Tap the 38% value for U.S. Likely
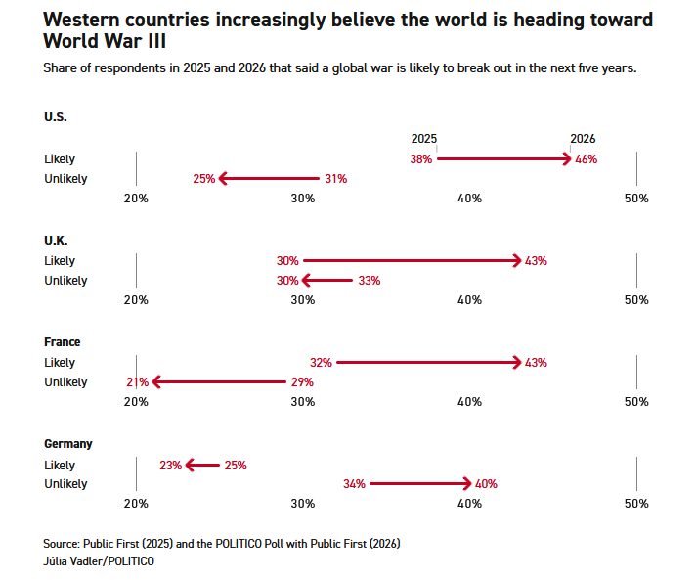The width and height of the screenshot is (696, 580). pyautogui.click(x=421, y=159)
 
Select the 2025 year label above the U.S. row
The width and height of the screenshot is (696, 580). pyautogui.click(x=424, y=139)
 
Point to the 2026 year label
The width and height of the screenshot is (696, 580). pyautogui.click(x=583, y=139)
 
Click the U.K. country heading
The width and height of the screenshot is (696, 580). pyautogui.click(x=56, y=241)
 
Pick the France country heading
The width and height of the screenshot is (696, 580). pyautogui.click(x=62, y=342)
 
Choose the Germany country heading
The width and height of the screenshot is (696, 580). pyautogui.click(x=68, y=444)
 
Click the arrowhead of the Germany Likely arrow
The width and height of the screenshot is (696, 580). pyautogui.click(x=190, y=466)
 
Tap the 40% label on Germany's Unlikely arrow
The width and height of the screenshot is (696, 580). pyautogui.click(x=486, y=484)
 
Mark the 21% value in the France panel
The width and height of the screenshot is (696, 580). pyautogui.click(x=137, y=382)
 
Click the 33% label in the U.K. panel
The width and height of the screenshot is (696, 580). pyautogui.click(x=369, y=281)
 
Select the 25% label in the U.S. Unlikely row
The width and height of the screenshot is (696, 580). pyautogui.click(x=203, y=179)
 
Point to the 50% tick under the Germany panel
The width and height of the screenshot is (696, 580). pyautogui.click(x=636, y=504)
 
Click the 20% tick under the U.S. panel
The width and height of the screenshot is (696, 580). pyautogui.click(x=136, y=199)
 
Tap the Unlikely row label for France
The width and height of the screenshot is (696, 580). pyautogui.click(x=65, y=382)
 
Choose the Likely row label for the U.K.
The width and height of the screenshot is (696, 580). pyautogui.click(x=60, y=261)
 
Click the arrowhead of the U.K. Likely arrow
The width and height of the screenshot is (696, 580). pyautogui.click(x=517, y=261)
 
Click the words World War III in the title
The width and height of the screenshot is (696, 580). pyautogui.click(x=105, y=41)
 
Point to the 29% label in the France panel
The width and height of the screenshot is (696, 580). pyautogui.click(x=302, y=382)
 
